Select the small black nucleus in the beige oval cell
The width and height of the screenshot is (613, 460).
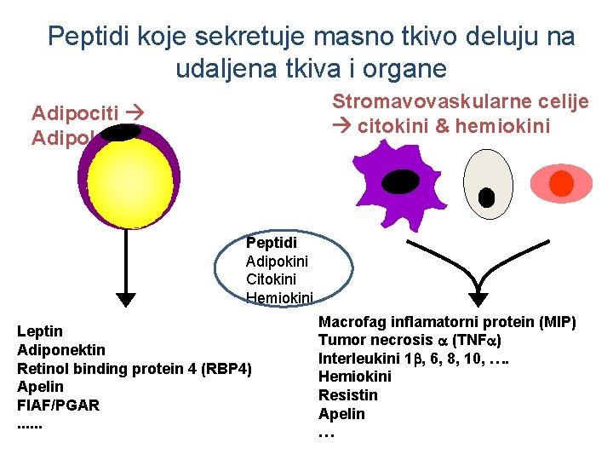click(x=487, y=198)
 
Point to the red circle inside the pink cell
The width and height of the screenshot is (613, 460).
click(x=561, y=183)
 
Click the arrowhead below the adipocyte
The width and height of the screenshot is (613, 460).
click(x=126, y=299)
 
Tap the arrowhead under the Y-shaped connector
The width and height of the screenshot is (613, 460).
click(x=479, y=299)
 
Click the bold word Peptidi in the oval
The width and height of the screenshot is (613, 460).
click(x=271, y=243)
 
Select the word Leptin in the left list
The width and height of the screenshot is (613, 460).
click(x=40, y=331)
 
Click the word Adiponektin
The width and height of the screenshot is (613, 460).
click(x=61, y=349)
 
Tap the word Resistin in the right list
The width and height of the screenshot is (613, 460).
click(x=347, y=395)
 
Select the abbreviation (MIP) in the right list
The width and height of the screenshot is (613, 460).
click(x=557, y=322)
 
